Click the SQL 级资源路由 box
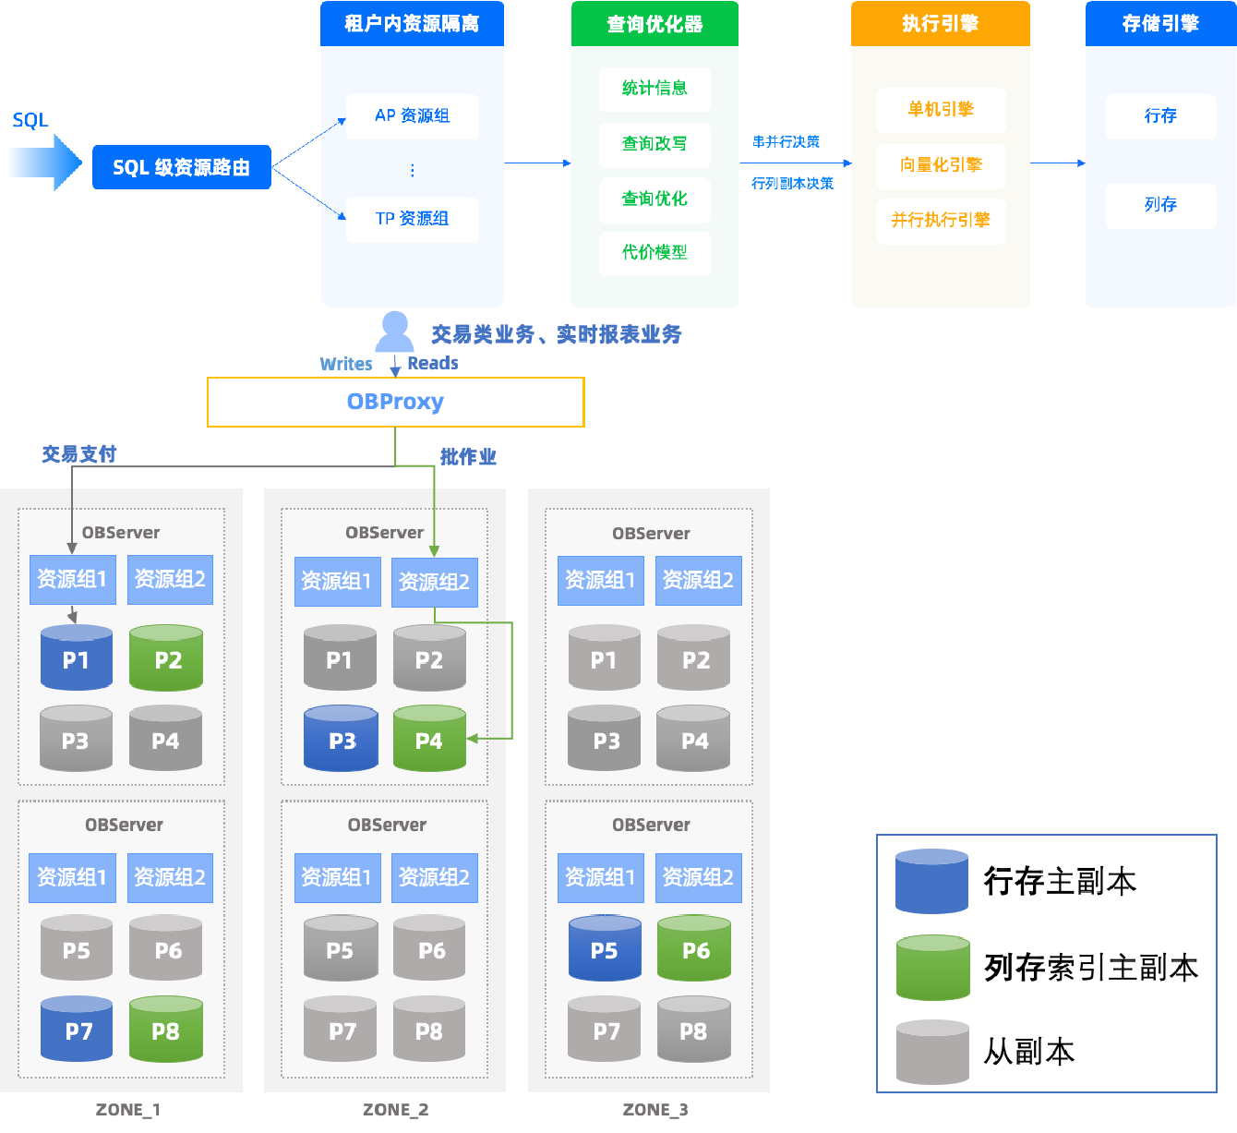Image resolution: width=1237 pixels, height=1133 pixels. (181, 167)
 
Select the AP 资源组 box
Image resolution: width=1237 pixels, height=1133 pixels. (412, 116)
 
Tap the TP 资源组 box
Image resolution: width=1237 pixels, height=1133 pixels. (412, 219)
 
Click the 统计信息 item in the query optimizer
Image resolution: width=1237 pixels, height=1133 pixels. (655, 89)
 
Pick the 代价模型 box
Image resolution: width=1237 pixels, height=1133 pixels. (655, 253)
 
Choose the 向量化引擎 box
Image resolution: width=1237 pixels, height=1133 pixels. (940, 165)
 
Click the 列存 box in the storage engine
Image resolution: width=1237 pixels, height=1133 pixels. (1160, 205)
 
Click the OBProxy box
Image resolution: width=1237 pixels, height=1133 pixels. (395, 402)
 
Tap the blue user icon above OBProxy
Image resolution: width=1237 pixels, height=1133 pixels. (395, 331)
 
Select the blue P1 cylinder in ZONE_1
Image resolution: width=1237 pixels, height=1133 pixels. (77, 658)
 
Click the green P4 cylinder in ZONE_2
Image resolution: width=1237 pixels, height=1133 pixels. (429, 739)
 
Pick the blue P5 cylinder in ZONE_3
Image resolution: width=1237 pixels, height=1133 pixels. (605, 949)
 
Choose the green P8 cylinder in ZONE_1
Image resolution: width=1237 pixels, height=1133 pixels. (166, 1030)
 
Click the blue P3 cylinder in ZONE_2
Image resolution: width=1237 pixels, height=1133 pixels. (341, 739)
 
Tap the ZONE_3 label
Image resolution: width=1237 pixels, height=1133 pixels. (655, 1110)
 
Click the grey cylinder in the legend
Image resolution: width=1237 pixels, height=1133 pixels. (932, 1053)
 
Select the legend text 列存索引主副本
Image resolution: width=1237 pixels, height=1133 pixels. (1090, 968)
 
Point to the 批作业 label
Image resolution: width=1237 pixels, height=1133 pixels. (468, 456)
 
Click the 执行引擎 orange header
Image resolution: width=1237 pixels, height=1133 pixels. (940, 24)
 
